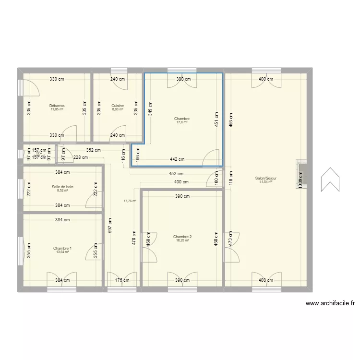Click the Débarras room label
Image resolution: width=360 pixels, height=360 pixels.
pyautogui.click(x=57, y=106)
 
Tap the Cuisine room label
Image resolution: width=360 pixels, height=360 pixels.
pyautogui.click(x=118, y=106)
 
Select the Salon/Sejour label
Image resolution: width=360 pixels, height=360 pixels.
pyautogui.click(x=266, y=178)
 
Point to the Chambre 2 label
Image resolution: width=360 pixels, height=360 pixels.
pyautogui.click(x=182, y=237)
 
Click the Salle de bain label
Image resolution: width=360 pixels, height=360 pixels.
pyautogui.click(x=62, y=187)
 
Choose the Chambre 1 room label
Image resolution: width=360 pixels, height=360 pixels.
pyautogui.click(x=62, y=248)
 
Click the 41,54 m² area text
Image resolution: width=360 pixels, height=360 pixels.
pyautogui.click(x=266, y=182)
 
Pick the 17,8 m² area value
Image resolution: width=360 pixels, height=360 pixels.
pyautogui.click(x=182, y=122)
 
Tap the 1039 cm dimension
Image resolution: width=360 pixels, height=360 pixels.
pyautogui.click(x=300, y=178)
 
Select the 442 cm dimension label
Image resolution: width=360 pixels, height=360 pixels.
pyautogui.click(x=177, y=159)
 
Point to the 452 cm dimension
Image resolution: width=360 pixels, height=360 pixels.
pyautogui.click(x=176, y=174)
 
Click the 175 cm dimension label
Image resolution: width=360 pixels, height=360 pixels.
pyautogui.click(x=122, y=280)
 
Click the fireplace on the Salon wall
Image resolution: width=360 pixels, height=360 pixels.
pyautogui.click(x=303, y=174)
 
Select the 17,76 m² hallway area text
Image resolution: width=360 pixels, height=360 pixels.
pyautogui.click(x=130, y=201)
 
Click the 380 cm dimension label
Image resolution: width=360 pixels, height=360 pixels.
pyautogui.click(x=183, y=79)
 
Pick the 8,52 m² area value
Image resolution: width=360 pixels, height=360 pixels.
pyautogui.click(x=62, y=191)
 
